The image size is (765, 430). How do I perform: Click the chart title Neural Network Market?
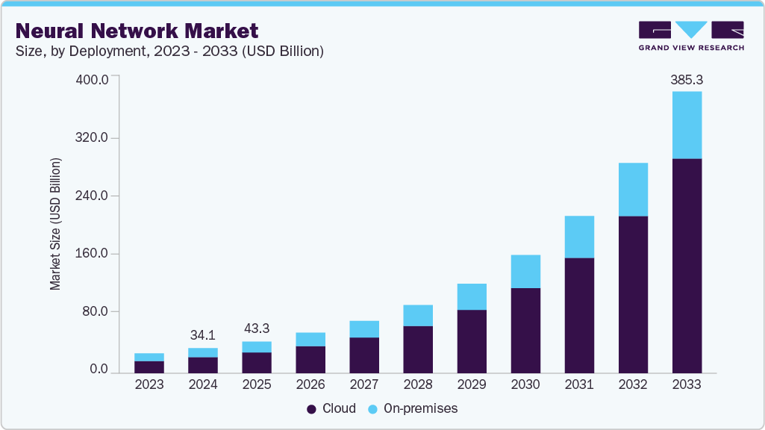click(x=137, y=31)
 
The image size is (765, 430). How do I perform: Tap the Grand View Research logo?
click(x=691, y=36)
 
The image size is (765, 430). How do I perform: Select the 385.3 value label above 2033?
click(x=687, y=78)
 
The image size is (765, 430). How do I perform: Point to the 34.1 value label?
click(x=203, y=334)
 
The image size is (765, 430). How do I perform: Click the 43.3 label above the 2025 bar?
click(x=257, y=328)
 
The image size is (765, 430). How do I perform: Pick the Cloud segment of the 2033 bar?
click(x=687, y=265)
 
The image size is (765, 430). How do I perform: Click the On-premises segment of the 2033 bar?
click(x=687, y=125)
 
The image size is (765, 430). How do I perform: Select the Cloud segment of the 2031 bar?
click(x=579, y=315)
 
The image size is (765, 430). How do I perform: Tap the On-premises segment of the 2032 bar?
click(x=633, y=189)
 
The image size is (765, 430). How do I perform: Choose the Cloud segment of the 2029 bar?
click(x=472, y=340)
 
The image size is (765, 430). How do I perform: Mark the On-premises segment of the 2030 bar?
click(x=525, y=271)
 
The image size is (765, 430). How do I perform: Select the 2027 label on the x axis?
click(x=364, y=385)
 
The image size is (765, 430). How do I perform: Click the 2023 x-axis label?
click(x=149, y=385)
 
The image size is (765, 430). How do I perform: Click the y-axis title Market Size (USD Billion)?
click(x=55, y=224)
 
